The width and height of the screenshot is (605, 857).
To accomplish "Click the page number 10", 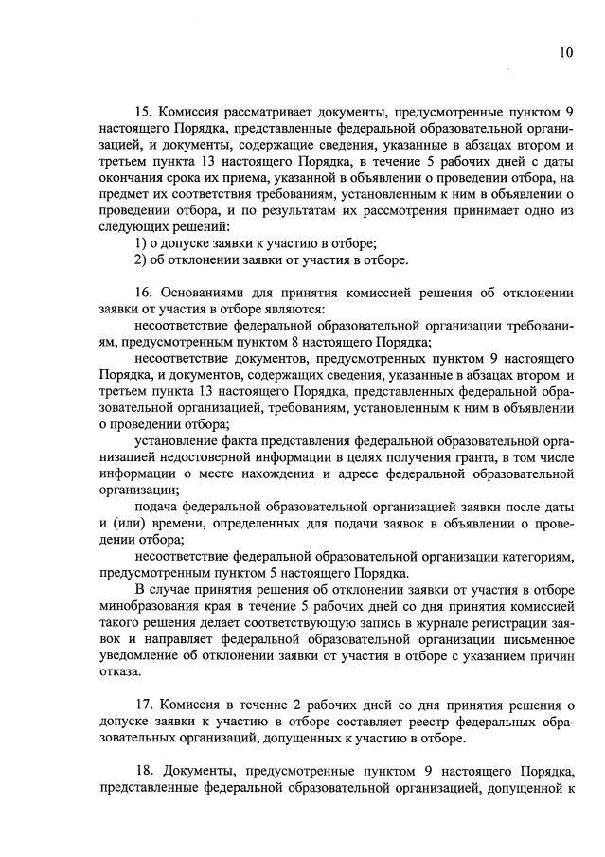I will [564, 53].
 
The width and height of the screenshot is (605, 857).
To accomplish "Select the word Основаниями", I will [205, 292].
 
